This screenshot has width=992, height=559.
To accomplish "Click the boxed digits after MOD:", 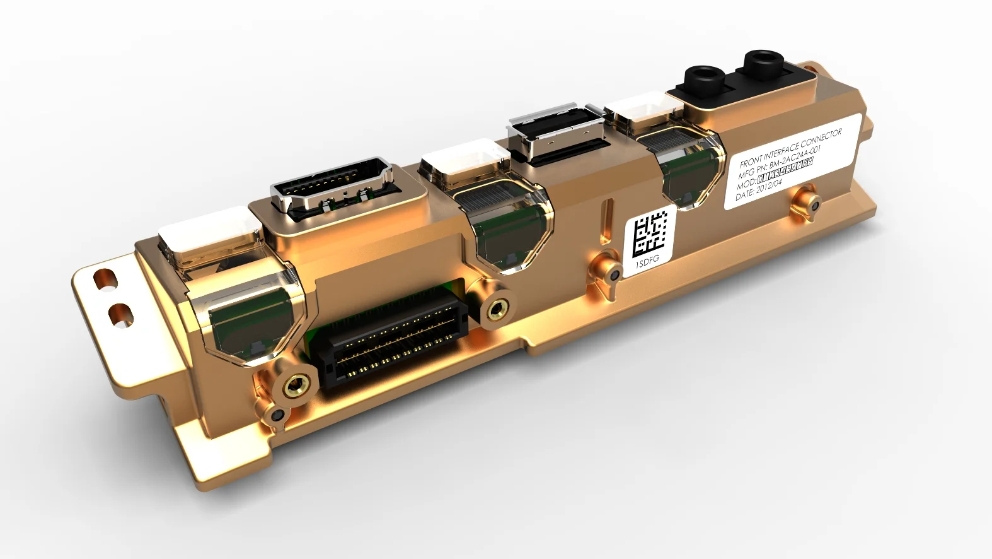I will pyautogui.click(x=785, y=170).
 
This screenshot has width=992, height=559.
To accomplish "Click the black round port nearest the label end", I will pyautogui.click(x=762, y=63).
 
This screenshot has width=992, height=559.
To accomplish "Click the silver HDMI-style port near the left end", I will pyautogui.click(x=331, y=189).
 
